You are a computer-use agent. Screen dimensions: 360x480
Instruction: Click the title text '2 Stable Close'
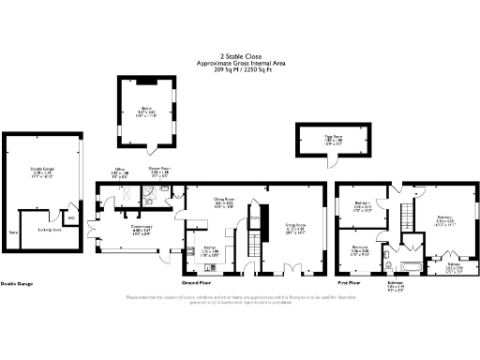point(240,55)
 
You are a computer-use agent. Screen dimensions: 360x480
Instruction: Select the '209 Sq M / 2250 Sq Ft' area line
point(240,68)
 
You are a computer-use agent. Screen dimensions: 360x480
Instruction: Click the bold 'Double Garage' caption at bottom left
point(19,282)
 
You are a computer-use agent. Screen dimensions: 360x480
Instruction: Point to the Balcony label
point(454,266)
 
